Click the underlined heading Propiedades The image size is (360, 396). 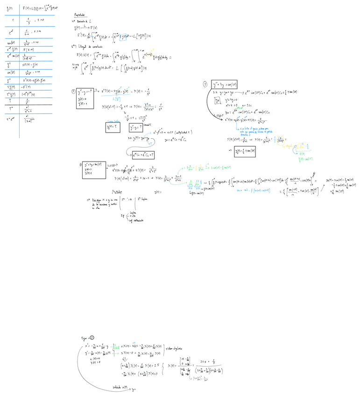[x=81, y=15]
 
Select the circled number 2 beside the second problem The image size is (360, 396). [x=205, y=85]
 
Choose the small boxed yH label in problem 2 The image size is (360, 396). [x=217, y=100]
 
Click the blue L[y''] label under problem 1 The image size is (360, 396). [x=117, y=99]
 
